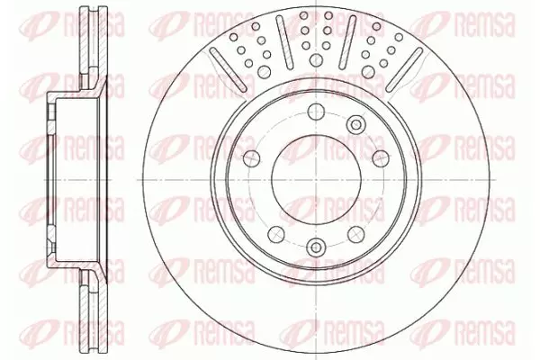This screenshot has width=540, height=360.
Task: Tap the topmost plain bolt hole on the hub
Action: point(316,112)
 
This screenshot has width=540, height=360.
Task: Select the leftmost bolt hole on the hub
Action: point(251,157)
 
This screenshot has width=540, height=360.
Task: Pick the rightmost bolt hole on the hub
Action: point(381,157)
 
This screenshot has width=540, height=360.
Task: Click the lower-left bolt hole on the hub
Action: point(276,234)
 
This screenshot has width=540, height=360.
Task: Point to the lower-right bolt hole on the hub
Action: point(355,234)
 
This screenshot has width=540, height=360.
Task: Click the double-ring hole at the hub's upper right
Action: point(355,123)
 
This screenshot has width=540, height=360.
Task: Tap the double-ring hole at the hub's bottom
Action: point(316,247)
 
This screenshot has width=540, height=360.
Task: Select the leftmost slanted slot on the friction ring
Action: point(228,69)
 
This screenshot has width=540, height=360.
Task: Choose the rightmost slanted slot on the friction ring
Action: point(404,69)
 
